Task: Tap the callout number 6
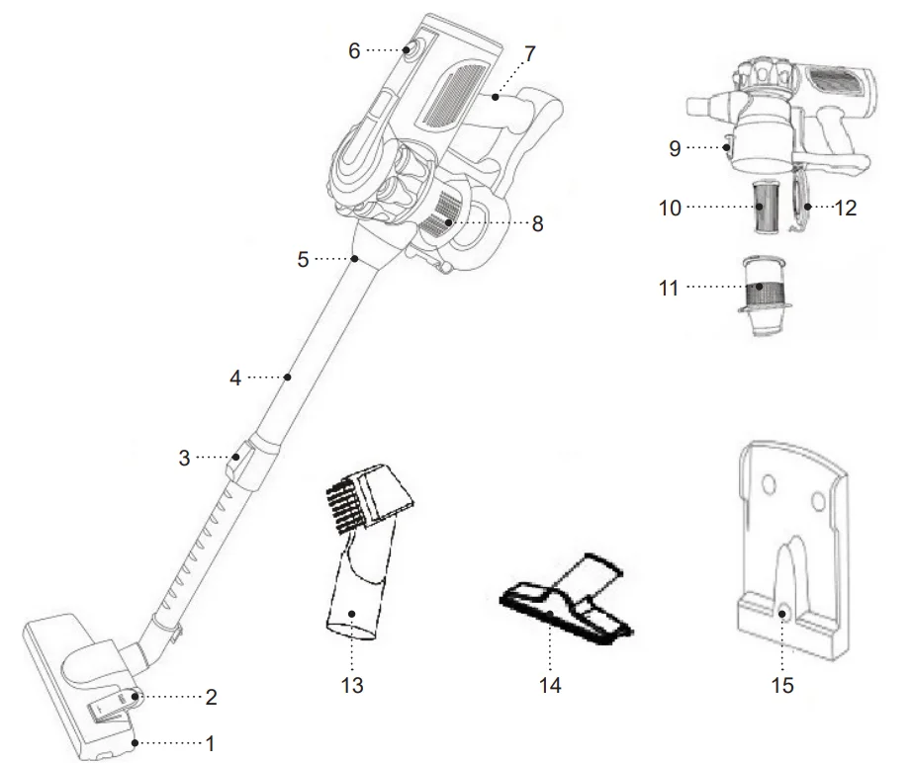pos(354,49)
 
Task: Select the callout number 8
pos(537,223)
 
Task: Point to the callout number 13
pos(352,684)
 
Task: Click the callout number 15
pos(782,684)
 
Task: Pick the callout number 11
pos(669,289)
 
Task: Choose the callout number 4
pos(235,377)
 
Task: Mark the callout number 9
pos(674,148)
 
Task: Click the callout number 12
pos(845,208)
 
